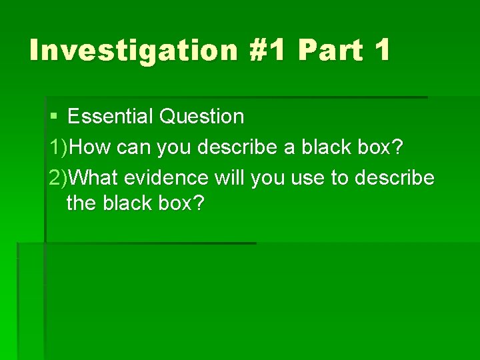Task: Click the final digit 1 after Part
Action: click(x=382, y=51)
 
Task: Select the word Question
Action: click(x=202, y=117)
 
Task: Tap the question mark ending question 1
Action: click(x=398, y=147)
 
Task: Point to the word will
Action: click(x=231, y=178)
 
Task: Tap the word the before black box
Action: click(x=81, y=203)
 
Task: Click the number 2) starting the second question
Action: click(x=59, y=178)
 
